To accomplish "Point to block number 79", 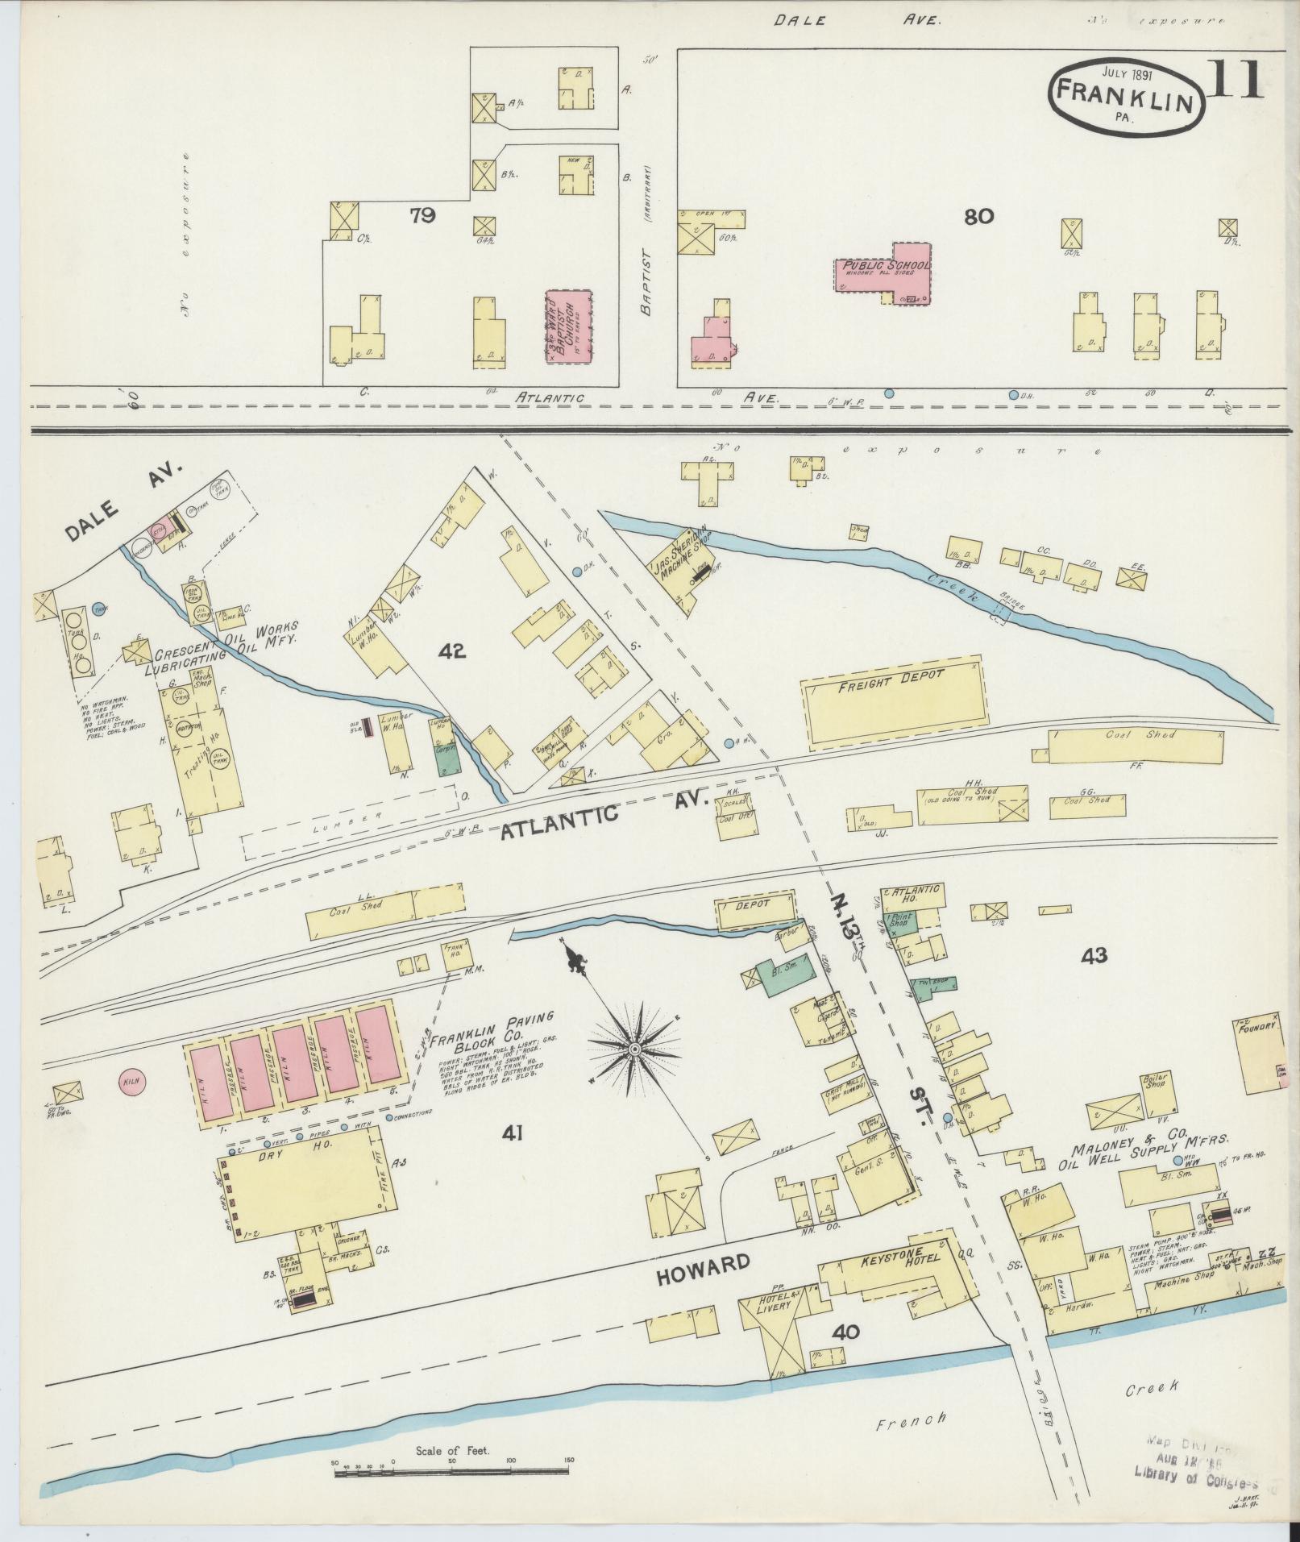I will point(423,215).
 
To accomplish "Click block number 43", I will point(1095,957).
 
